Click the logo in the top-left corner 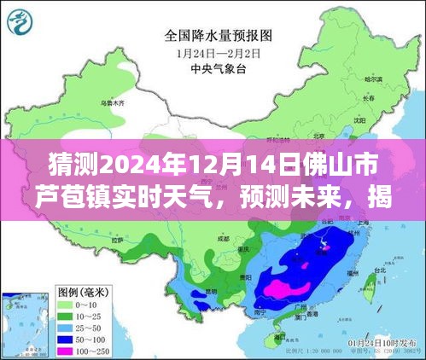[x=22, y=20]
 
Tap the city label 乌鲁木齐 [x=110, y=103]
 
